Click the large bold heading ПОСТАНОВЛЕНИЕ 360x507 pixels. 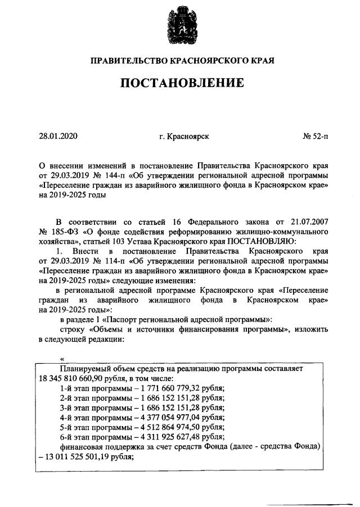(180, 84)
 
